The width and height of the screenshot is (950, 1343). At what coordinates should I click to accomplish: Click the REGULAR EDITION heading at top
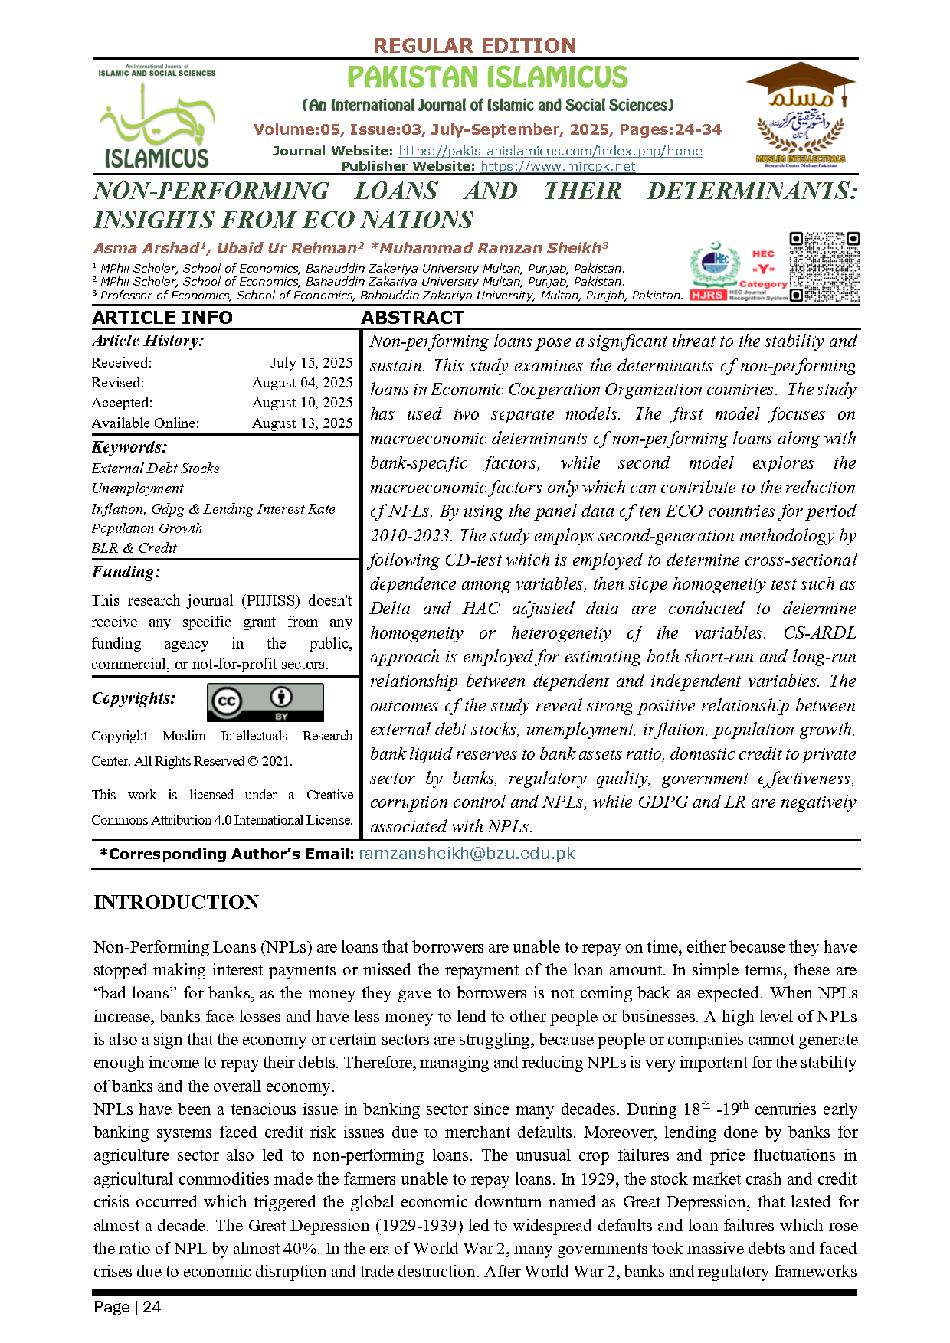474,46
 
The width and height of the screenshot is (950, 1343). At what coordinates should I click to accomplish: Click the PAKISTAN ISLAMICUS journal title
487,77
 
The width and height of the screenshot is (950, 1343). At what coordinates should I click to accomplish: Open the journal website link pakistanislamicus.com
550,151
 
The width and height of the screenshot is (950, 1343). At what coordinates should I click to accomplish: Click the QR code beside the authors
824,267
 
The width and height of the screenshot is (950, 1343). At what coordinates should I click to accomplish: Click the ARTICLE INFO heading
162,318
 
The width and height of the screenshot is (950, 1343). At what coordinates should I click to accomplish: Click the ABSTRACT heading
412,318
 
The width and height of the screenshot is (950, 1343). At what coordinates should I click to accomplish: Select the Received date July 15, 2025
311,363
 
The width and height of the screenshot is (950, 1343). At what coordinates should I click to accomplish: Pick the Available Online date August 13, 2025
302,423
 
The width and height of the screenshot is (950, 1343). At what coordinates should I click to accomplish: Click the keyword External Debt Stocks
156,469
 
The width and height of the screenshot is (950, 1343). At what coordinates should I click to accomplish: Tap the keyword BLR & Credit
134,548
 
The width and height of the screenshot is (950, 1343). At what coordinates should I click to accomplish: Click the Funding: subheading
126,572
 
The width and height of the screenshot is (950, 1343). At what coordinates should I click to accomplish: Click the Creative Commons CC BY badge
265,703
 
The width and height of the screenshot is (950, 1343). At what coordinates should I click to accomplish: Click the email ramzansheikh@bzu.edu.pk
467,854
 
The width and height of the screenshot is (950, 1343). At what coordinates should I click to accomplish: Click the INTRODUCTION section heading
176,902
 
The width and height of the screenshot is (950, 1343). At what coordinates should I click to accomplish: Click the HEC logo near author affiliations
714,266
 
